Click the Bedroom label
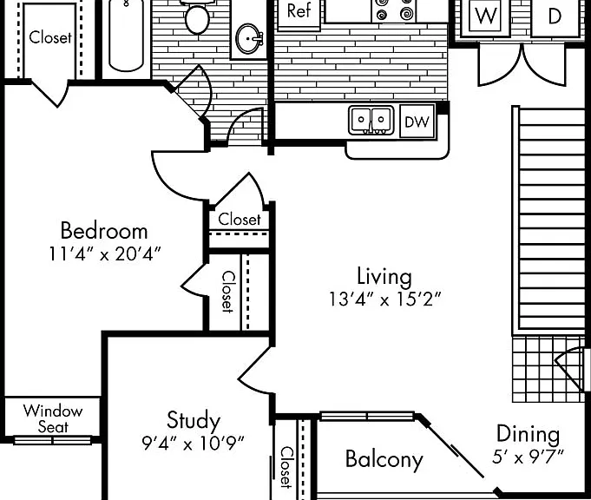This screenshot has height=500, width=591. point(104,230)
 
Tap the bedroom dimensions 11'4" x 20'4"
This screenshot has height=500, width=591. point(105,253)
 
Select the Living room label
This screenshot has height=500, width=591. point(384,276)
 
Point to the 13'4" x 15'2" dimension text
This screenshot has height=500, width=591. point(384,299)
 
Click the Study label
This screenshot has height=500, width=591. point(194,421)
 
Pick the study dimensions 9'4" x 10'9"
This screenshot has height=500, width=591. point(193,443)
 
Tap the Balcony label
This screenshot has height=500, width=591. point(384,460)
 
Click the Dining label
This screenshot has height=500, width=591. point(528,434)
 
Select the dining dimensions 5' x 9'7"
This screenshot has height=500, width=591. point(528,457)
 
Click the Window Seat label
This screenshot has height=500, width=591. point(53,418)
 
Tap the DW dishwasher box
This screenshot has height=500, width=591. point(417,122)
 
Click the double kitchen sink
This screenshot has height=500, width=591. point(371,121)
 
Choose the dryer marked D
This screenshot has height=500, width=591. point(555,17)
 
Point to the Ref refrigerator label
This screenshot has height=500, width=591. point(299,11)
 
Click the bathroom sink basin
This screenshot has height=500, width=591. point(249,39)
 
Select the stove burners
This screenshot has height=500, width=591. point(394,10)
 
